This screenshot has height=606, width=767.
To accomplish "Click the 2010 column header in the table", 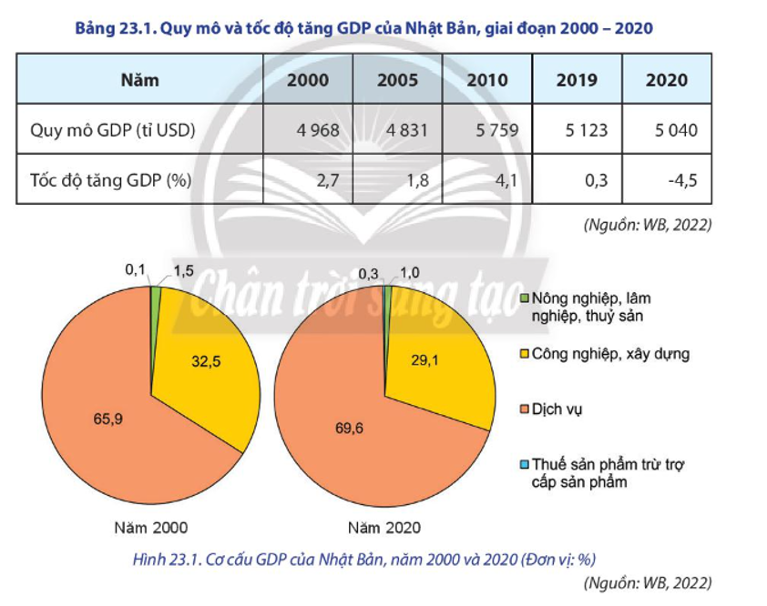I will [x=487, y=80].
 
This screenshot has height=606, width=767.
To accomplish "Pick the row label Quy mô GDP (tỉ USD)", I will [x=113, y=130].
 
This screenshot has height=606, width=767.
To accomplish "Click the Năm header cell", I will [x=139, y=80].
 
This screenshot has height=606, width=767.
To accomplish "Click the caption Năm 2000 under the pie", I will [x=151, y=527].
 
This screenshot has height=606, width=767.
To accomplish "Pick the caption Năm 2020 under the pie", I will [x=385, y=527].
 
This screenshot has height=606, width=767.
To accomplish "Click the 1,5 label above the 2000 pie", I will [x=184, y=271].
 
